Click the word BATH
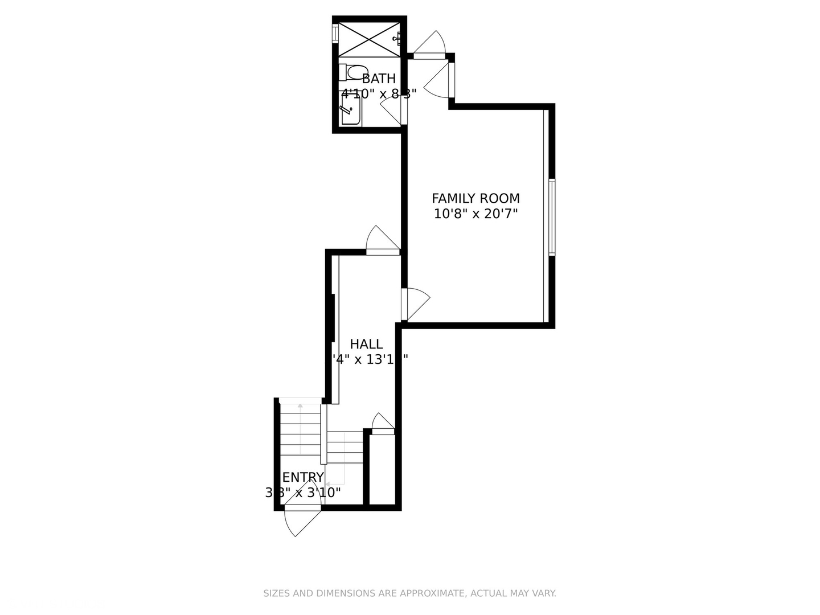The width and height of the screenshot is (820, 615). [x=379, y=79]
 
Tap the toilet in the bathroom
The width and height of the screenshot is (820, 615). [x=352, y=72]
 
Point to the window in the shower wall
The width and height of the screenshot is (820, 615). [x=335, y=33]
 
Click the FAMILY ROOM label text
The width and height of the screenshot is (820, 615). [x=475, y=198]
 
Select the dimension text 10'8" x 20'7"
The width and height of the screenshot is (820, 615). [x=475, y=214]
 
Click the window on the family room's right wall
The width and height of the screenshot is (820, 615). [x=552, y=216]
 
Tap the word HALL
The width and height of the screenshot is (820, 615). [x=366, y=344]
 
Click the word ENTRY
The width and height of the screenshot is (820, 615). [x=303, y=477]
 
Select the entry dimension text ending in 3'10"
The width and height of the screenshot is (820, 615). [x=303, y=493]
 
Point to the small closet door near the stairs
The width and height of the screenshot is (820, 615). [x=383, y=424]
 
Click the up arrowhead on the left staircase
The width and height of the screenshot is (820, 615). [x=300, y=405]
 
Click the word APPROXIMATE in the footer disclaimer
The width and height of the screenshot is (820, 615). [x=431, y=593]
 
